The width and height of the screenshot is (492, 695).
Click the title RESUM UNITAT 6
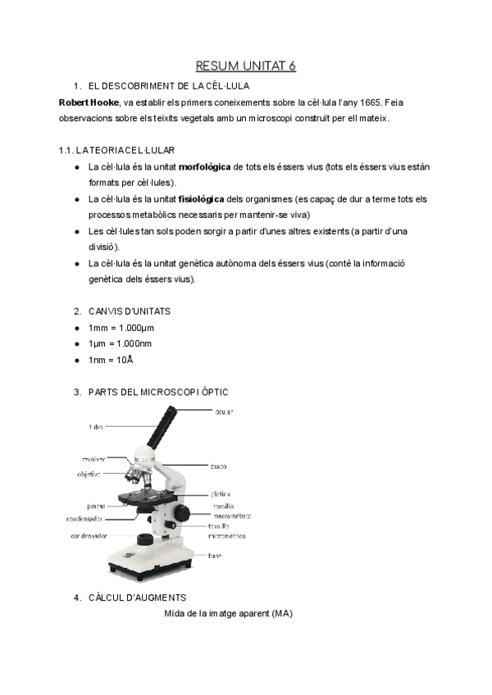pyautogui.click(x=245, y=66)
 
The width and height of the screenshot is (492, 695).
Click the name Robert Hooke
pyautogui.click(x=88, y=102)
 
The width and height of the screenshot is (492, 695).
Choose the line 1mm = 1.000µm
pyautogui.click(x=121, y=328)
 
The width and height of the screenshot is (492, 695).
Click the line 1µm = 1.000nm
pyautogui.click(x=120, y=343)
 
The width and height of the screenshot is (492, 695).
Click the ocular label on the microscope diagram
pyautogui.click(x=225, y=411)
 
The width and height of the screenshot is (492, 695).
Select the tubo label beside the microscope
pyautogui.click(x=95, y=427)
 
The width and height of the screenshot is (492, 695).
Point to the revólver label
pyautogui.click(x=93, y=459)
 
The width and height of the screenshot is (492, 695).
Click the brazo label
pyautogui.click(x=218, y=466)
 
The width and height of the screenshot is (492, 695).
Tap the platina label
pyautogui.click(x=221, y=494)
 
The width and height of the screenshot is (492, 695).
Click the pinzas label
pyautogui.click(x=95, y=506)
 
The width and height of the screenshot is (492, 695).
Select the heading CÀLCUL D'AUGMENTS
pyautogui.click(x=137, y=597)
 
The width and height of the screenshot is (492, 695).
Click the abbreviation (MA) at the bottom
pyautogui.click(x=281, y=613)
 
